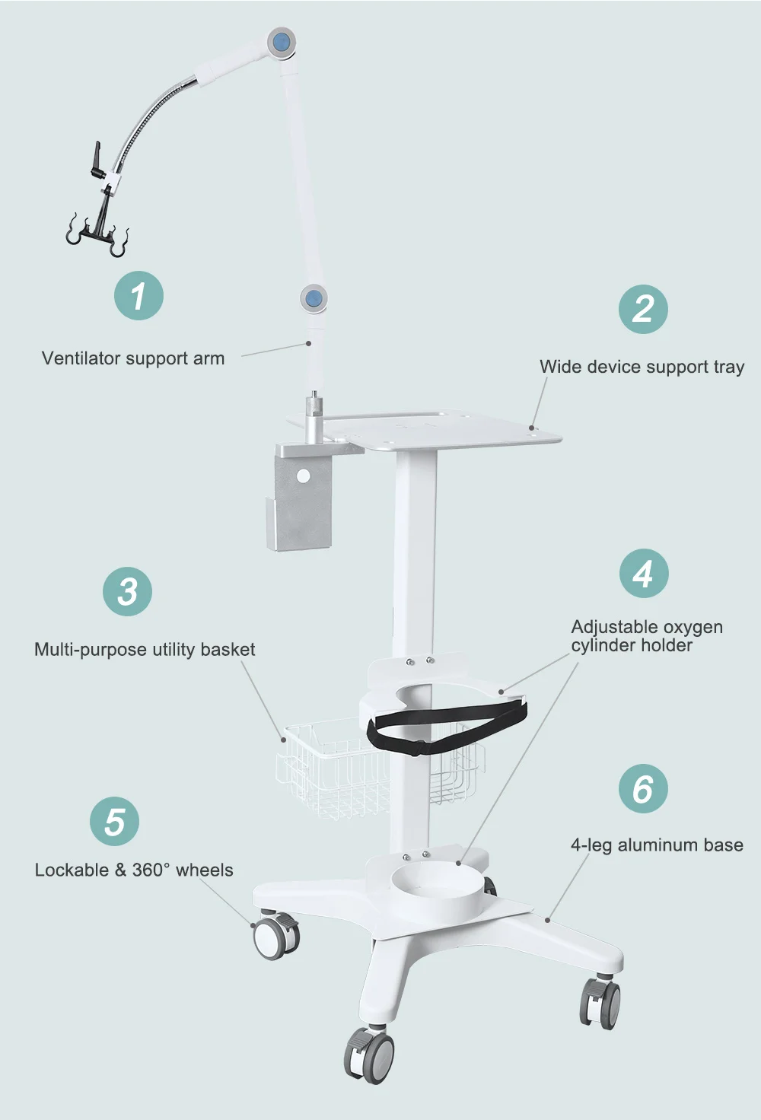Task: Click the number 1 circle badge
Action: coord(139,296)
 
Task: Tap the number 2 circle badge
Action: coord(643,309)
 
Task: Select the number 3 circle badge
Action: coord(127,591)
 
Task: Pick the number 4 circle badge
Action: coord(644,574)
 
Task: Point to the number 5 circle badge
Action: coord(114,822)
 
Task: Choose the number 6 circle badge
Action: coord(643,789)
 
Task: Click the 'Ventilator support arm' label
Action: coord(133,358)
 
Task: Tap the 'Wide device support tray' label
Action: coord(642,367)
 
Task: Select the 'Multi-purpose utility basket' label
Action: coord(145,650)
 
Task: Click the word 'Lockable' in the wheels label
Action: coord(72,870)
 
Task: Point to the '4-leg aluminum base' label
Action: coord(657,845)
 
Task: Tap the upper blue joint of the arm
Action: coord(281,41)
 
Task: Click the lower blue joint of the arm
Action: coord(313,297)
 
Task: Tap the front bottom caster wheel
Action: coord(371,1053)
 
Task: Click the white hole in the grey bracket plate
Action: coord(304,476)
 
